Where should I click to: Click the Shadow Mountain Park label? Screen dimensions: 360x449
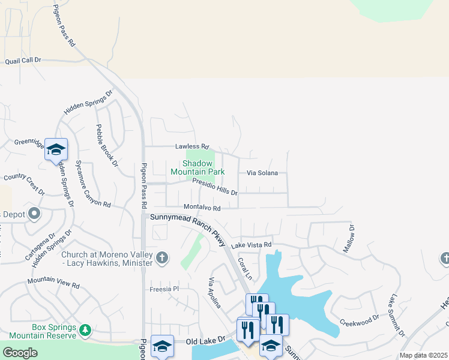(x=197, y=167)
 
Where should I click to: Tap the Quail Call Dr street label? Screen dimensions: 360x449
(x=23, y=61)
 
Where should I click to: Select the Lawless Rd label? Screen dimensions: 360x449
(x=191, y=146)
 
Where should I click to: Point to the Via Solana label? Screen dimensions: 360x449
(x=262, y=173)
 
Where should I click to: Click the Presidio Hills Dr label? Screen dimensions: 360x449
(x=215, y=189)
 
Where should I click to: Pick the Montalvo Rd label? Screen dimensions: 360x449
(x=202, y=208)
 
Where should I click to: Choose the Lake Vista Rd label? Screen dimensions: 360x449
(x=252, y=245)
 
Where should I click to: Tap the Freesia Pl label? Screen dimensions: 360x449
(x=164, y=289)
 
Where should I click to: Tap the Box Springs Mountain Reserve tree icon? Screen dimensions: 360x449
(x=85, y=329)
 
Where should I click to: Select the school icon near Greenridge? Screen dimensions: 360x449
(x=56, y=150)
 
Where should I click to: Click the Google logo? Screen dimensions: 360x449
(x=19, y=353)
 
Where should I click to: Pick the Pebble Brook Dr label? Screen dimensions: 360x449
(x=105, y=145)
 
